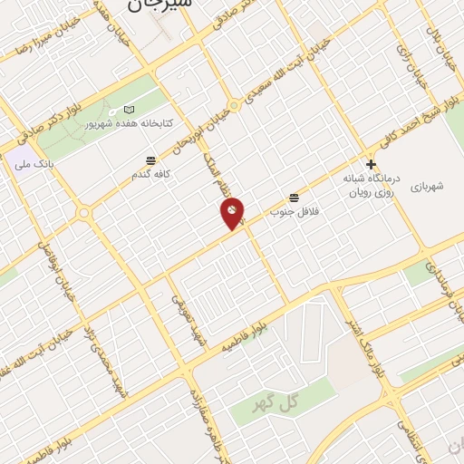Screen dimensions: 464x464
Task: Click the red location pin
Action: click(233, 213)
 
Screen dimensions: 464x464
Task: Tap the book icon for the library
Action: click(127, 110)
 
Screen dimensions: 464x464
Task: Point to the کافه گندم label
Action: click(152, 174)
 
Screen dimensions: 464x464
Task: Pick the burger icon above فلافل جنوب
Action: click(294, 198)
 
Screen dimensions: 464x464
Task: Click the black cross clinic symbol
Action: click(371, 164)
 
